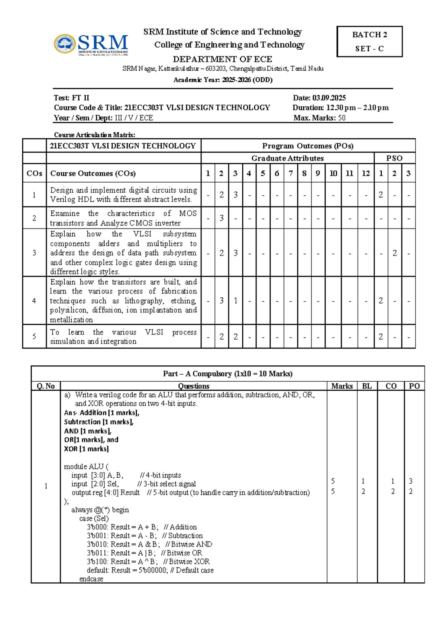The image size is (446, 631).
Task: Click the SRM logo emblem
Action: tap(65, 44)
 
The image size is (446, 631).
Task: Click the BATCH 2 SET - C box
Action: tap(369, 41)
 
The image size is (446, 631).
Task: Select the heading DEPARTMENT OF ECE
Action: tap(222, 59)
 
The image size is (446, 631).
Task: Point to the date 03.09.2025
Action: tap(329, 98)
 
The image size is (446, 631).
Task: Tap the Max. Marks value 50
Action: tap(342, 118)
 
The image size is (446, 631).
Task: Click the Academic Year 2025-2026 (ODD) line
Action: tap(223, 80)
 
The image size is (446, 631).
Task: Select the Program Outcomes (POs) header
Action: tap(308, 146)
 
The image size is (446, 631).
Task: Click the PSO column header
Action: tap(394, 158)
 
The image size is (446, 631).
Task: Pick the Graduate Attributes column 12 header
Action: tap(366, 173)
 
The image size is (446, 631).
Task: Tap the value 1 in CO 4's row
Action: tap(236, 301)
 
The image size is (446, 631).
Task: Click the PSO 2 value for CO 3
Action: tap(395, 253)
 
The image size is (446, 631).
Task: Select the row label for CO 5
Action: tap(34, 336)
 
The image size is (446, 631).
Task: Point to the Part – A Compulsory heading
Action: tap(227, 374)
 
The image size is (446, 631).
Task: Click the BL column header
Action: tap(367, 386)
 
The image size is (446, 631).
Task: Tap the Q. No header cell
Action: tap(46, 386)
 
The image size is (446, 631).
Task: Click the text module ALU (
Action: tap(86, 467)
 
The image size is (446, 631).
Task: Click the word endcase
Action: tap(91, 579)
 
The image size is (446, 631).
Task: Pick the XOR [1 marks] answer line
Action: tap(86, 449)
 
